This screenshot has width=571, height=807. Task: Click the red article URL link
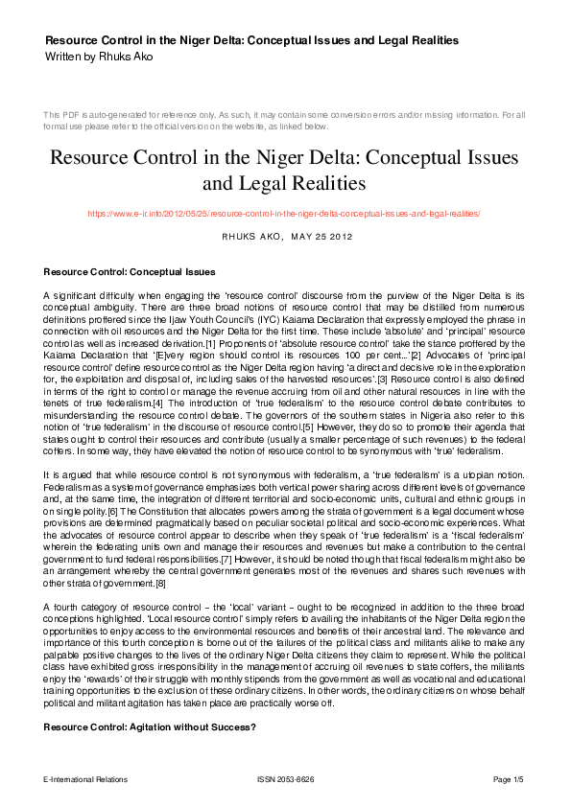point(284,214)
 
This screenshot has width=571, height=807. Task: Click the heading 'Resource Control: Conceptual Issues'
point(129,271)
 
